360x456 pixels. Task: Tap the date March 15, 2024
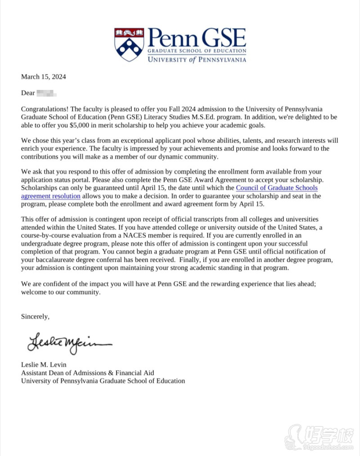[44, 77]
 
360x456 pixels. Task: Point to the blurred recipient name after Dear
[46, 93]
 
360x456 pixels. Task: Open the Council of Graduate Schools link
[277, 188]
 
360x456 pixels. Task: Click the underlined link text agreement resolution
[51, 196]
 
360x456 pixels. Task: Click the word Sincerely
[35, 317]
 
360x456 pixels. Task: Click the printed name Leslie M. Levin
[44, 365]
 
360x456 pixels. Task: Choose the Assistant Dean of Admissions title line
[88, 373]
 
